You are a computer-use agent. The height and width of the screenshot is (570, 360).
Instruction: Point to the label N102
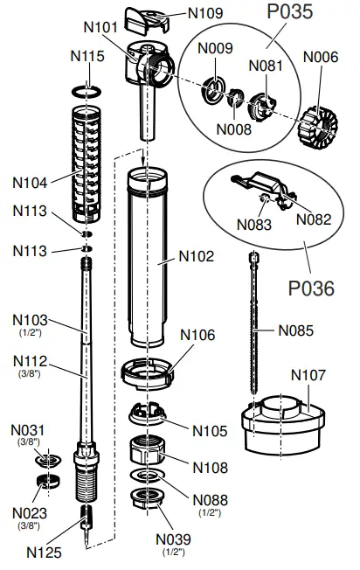point(196,257)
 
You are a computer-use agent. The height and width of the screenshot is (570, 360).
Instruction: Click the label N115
point(87,56)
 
